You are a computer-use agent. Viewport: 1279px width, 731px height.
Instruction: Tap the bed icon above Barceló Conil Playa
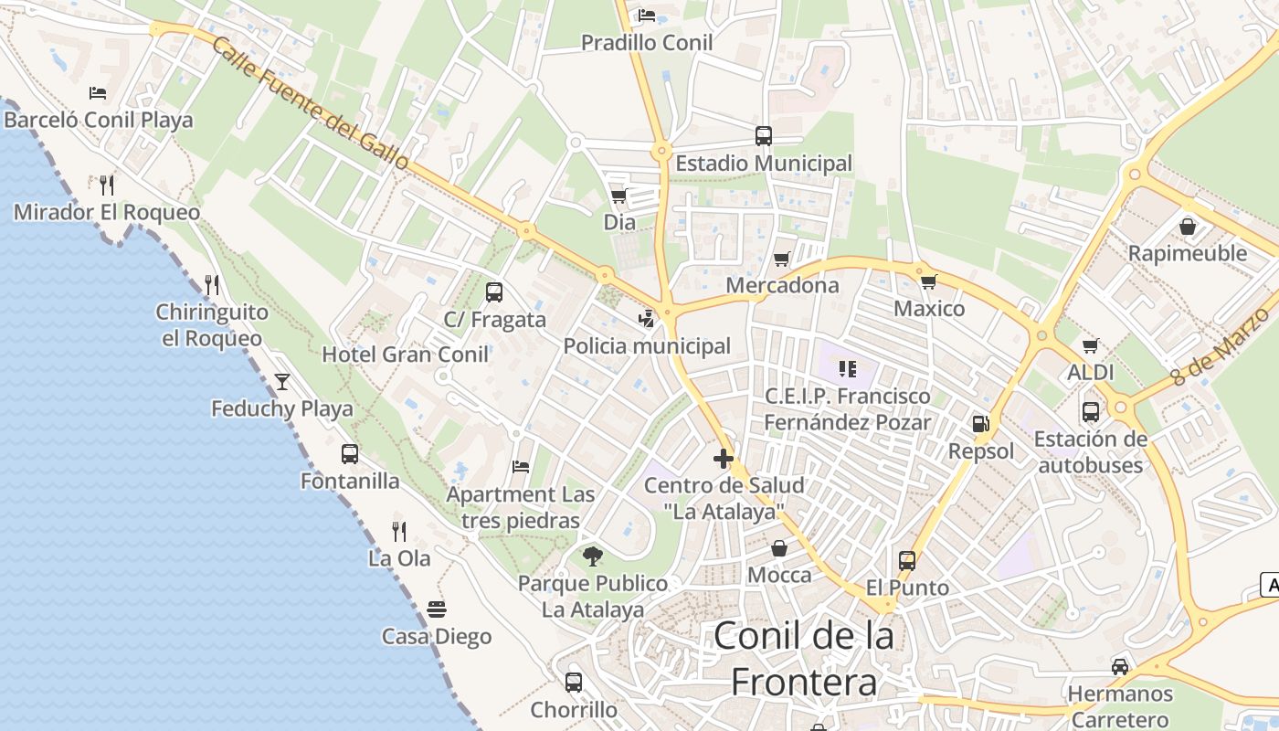(98, 93)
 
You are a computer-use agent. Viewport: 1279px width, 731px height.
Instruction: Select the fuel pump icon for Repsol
(980, 423)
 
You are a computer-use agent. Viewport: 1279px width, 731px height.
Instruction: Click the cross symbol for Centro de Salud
(724, 458)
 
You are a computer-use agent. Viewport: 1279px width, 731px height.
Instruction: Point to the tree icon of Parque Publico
(593, 556)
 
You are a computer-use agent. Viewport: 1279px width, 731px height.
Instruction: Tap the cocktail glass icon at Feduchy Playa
(282, 381)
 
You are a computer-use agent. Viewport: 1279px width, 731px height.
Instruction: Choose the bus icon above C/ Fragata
(494, 292)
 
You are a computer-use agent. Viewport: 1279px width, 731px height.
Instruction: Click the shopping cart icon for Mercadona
(781, 260)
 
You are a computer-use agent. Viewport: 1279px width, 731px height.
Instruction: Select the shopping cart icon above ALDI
(1090, 345)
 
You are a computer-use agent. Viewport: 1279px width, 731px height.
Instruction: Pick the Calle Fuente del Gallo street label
(311, 102)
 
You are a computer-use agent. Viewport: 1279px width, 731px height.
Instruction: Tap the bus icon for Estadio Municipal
(764, 136)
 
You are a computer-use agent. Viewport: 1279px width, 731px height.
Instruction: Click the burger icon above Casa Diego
(437, 609)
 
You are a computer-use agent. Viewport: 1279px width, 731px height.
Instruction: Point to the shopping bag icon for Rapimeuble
(1188, 226)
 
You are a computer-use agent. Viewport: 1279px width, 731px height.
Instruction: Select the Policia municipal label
(647, 346)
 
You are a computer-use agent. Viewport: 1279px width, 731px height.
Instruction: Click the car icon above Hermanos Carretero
(1120, 666)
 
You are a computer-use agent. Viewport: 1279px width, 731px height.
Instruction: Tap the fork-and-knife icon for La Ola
(399, 531)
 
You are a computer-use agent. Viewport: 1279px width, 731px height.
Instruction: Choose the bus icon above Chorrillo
(574, 682)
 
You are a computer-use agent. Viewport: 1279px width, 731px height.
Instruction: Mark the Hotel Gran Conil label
(405, 355)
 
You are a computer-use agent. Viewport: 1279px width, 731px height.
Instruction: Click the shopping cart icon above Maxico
(929, 281)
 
